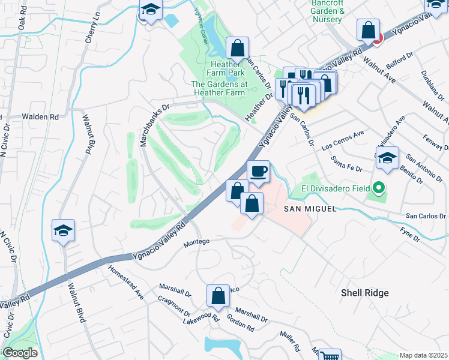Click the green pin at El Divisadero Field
pyautogui.click(x=378, y=189)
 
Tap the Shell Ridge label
pyautogui.click(x=364, y=293)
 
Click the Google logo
pyautogui.click(x=19, y=353)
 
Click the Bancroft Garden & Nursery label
pyautogui.click(x=328, y=11)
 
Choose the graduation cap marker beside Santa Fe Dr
pyautogui.click(x=387, y=158)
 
